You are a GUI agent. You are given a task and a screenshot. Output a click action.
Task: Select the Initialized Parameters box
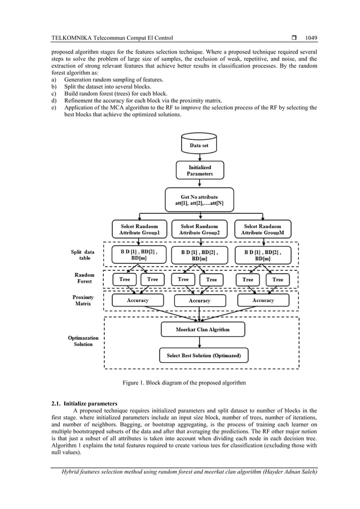point(199,170)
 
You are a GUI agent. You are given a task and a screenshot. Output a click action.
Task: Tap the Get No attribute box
point(199,199)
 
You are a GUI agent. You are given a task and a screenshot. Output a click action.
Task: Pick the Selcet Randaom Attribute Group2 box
point(199,229)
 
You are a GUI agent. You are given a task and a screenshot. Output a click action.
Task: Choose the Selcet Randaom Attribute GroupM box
point(263,229)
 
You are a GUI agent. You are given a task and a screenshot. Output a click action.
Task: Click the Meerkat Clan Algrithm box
point(203,329)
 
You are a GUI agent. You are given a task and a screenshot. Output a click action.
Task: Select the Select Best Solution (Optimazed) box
point(203,356)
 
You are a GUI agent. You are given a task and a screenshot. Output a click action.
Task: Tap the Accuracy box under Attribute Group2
point(199,301)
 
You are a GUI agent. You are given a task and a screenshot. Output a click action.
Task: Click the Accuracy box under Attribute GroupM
point(263,301)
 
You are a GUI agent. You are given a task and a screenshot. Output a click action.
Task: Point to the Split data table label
point(83,254)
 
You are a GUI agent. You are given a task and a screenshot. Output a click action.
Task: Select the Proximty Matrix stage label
point(83,300)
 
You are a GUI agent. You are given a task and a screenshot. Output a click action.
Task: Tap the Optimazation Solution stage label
point(83,341)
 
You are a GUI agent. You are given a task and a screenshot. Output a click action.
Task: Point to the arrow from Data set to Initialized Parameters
point(199,157)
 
